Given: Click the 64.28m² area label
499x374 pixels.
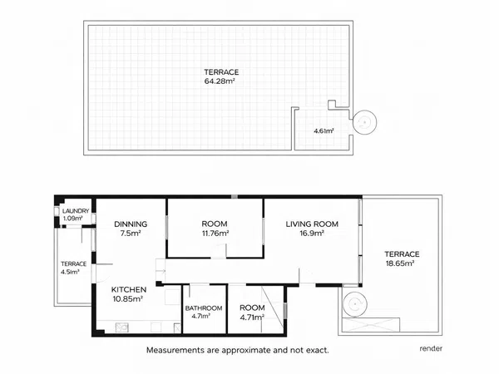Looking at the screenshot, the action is pyautogui.click(x=220, y=81).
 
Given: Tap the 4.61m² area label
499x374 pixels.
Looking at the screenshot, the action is pyautogui.click(x=324, y=130).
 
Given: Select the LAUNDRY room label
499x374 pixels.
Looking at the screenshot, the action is pyautogui.click(x=76, y=211).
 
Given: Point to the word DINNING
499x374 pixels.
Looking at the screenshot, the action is pyautogui.click(x=131, y=224).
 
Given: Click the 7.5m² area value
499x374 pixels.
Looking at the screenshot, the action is pyautogui.click(x=131, y=233).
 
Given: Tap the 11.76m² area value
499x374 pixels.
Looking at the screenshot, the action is pyautogui.click(x=215, y=233).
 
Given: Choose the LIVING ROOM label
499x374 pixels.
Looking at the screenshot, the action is pyautogui.click(x=312, y=224).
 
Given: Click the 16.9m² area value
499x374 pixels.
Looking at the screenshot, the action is pyautogui.click(x=312, y=233).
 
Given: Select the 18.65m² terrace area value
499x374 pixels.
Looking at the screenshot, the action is pyautogui.click(x=400, y=263).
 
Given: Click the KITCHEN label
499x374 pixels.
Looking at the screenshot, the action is pyautogui.click(x=129, y=290).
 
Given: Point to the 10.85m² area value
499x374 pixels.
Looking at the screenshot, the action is pyautogui.click(x=127, y=299).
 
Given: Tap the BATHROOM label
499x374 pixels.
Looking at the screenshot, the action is pyautogui.click(x=204, y=308).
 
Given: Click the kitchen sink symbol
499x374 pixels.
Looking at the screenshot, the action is pyautogui.click(x=122, y=327).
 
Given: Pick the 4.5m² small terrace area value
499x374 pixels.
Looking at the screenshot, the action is pyautogui.click(x=70, y=272).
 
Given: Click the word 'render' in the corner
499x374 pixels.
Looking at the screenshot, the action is pyautogui.click(x=431, y=348).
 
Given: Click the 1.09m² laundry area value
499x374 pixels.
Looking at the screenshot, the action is pyautogui.click(x=73, y=219).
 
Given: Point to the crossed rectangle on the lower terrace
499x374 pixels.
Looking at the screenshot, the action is pyautogui.click(x=371, y=325).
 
